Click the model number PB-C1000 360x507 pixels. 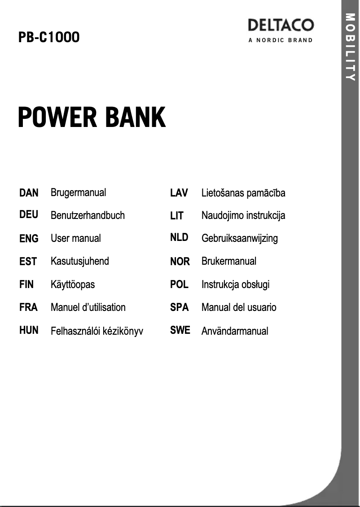[x=49, y=37]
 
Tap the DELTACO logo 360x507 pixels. [x=281, y=25]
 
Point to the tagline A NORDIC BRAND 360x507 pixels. [x=281, y=40]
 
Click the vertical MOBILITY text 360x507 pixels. [x=351, y=47]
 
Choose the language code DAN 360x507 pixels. [x=29, y=193]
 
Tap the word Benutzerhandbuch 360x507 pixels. [x=88, y=215]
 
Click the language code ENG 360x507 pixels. [x=29, y=239]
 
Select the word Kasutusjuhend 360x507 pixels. [x=79, y=261]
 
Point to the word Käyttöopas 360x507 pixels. [x=73, y=284]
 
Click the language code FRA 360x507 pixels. [x=28, y=307]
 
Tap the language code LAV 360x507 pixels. [x=179, y=193]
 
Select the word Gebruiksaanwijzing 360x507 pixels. [x=239, y=238]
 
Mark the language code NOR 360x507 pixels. [x=180, y=261]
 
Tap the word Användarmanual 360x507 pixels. [x=235, y=331]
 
